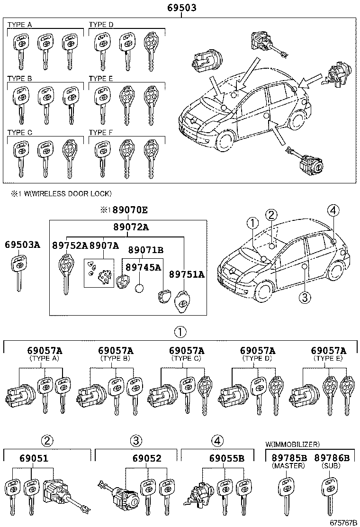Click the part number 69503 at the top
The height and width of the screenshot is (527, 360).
click(181, 8)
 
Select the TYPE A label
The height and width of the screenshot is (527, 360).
click(20, 24)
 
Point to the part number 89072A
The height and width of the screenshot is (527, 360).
click(131, 227)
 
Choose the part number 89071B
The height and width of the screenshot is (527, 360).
click(146, 250)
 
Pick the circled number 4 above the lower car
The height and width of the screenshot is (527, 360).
click(333, 210)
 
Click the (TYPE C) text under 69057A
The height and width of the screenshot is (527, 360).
click(186, 358)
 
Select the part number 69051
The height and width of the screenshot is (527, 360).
click(34, 458)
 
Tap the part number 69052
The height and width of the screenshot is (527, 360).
click(147, 458)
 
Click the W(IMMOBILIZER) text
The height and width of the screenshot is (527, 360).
click(292, 444)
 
